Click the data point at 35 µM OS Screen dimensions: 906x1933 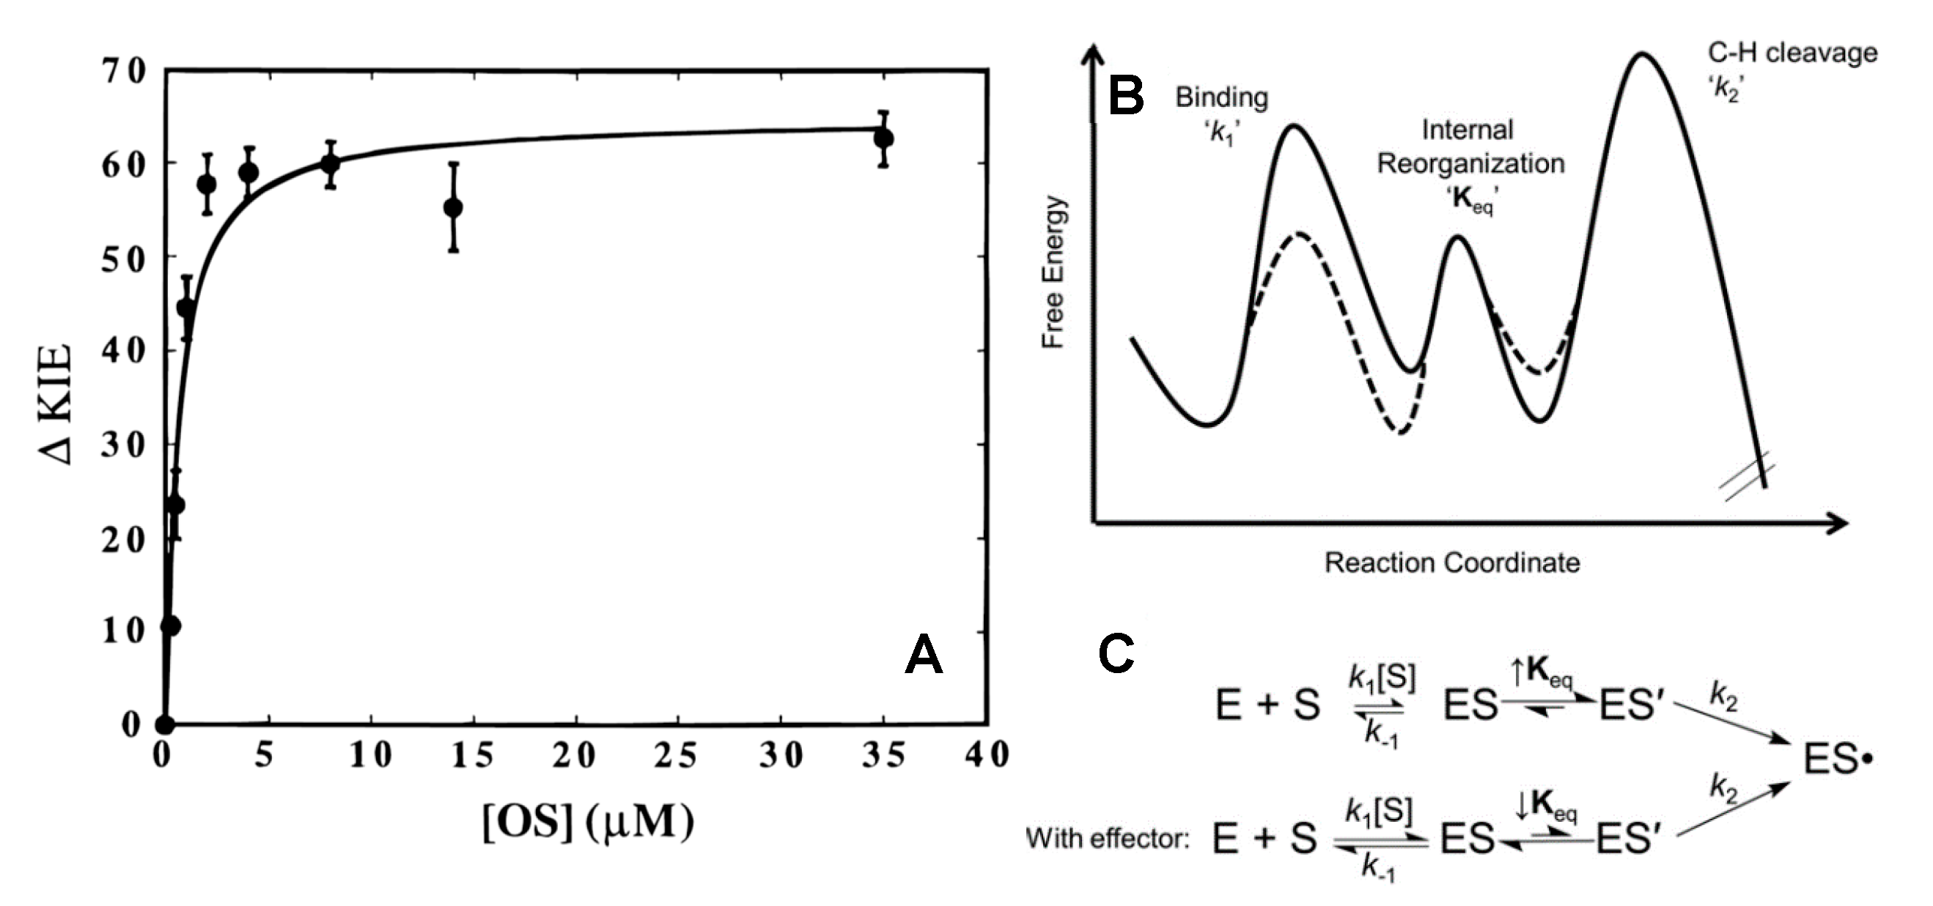pos(883,138)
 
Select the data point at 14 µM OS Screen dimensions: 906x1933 pos(452,208)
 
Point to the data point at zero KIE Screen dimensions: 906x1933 pos(165,724)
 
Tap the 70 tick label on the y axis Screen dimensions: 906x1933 pos(124,70)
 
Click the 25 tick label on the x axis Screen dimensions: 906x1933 pos(677,755)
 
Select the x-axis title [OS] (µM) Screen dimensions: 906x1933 pos(588,822)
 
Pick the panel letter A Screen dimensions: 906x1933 pos(923,654)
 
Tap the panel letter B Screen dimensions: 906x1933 pos(1126,97)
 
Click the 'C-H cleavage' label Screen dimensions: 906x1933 pos(1792,53)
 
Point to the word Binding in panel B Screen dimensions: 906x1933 pos(1222,97)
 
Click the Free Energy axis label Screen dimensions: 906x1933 pos(1053,272)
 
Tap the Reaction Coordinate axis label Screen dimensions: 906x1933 pos(1451,562)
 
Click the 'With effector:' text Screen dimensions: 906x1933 pos(1108,838)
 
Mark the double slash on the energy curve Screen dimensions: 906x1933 pos(1747,475)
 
